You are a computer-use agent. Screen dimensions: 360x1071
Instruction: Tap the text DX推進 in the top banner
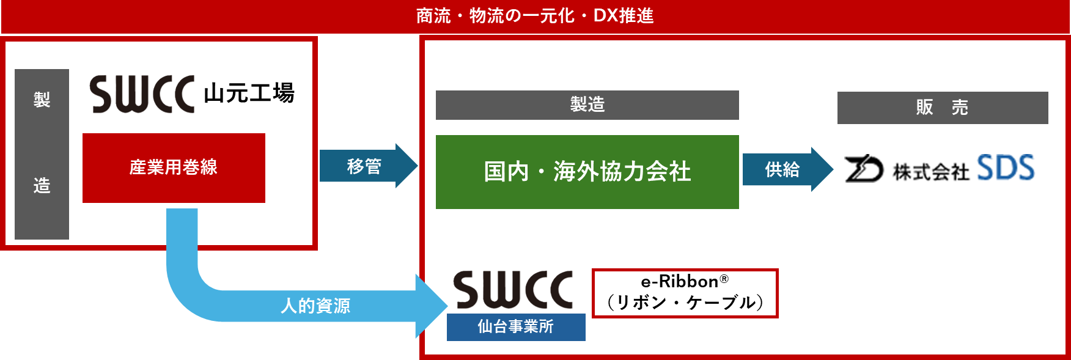pos(623,16)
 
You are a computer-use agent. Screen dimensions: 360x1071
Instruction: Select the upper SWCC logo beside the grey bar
pos(141,93)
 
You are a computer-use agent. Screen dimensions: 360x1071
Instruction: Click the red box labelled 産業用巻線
pos(174,167)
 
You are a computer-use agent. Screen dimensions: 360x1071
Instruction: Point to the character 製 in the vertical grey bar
pos(42,100)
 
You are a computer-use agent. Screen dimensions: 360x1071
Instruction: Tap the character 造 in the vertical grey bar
pos(42,185)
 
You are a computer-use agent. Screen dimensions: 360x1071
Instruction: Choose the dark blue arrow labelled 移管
pos(365,166)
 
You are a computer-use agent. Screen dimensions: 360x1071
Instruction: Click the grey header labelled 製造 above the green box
pos(587,105)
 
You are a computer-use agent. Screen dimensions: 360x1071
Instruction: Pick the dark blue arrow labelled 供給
pos(783,169)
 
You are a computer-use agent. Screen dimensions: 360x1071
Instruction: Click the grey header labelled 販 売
pos(942,108)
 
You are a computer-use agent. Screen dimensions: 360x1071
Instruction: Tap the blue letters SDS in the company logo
pos(1006,168)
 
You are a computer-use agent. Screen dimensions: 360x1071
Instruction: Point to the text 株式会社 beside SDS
pos(930,172)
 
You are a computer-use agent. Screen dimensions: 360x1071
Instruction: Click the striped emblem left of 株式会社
pos(863,169)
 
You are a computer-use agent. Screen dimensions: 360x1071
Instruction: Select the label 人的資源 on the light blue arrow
pos(315,306)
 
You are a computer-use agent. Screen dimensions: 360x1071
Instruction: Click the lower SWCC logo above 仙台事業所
pos(511,288)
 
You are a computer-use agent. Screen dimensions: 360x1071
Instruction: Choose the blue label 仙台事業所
pos(516,327)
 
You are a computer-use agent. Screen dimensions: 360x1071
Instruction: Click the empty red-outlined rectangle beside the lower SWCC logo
pos(685,293)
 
